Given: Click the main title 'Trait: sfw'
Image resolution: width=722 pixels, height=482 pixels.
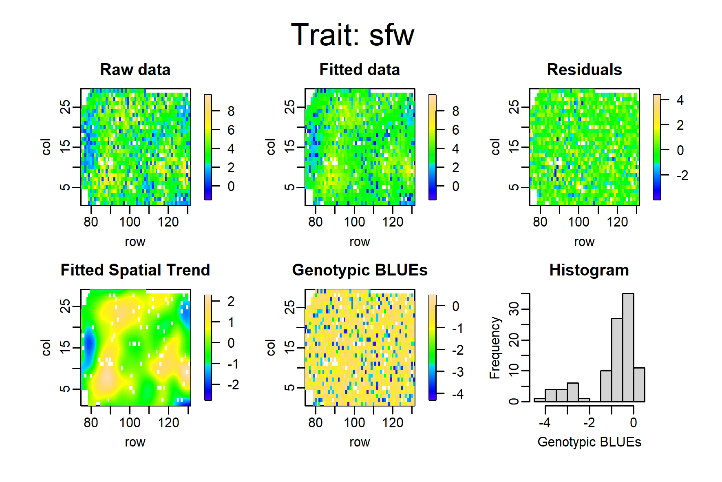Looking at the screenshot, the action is (353, 35).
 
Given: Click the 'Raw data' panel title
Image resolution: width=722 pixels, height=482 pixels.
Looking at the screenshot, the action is (135, 70).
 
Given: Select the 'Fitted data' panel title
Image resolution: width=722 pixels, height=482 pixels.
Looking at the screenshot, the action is (360, 70).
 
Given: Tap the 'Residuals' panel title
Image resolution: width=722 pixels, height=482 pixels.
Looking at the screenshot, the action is (584, 70).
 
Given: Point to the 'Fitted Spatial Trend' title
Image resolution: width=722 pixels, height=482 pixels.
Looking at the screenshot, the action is (135, 270).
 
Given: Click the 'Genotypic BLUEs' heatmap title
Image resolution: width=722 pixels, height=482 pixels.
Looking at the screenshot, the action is (360, 270).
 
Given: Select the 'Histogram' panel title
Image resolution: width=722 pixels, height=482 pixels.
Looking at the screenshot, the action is (589, 270).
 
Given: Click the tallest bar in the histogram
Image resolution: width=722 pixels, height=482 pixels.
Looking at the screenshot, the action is (628, 348).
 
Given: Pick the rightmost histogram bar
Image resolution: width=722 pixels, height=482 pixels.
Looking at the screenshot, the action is (639, 385).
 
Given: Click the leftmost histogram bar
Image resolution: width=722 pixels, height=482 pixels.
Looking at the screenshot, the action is (539, 400).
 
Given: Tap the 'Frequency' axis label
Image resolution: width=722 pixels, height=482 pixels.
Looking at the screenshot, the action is (495, 348).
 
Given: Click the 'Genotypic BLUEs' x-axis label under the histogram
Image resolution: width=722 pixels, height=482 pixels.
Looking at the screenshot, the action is (589, 442).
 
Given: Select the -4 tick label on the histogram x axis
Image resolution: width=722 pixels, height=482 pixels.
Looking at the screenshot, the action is (545, 422).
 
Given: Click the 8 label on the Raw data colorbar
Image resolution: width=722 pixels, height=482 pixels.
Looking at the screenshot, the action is (231, 111).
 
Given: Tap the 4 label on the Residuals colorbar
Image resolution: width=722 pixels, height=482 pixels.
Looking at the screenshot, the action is (680, 100).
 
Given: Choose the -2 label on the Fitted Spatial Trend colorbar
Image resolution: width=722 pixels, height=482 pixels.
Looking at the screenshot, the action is (233, 384).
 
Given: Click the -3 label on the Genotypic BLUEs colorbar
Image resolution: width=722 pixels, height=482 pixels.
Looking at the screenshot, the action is (457, 372).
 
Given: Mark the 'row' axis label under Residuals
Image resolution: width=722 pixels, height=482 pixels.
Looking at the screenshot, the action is (584, 242).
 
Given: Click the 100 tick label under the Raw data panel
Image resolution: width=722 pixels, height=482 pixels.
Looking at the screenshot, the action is (130, 222).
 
